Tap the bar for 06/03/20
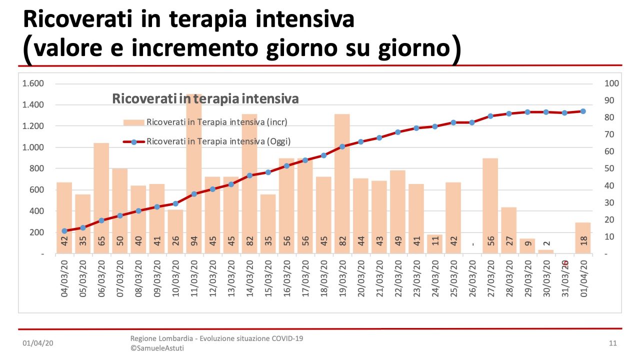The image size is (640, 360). point(101,200)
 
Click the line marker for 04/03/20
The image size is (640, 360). point(64,231)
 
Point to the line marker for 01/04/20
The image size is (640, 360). point(583,111)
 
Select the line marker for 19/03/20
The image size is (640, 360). point(342,147)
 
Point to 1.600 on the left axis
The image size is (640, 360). point(33,83)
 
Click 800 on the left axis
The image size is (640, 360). point(36,168)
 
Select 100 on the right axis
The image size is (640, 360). point(611,83)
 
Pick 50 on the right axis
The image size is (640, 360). point(609,168)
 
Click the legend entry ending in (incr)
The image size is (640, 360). point(216,122)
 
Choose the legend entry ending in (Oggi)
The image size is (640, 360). point(218,141)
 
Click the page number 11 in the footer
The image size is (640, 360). point(613,343)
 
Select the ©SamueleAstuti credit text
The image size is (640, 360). point(157,348)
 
